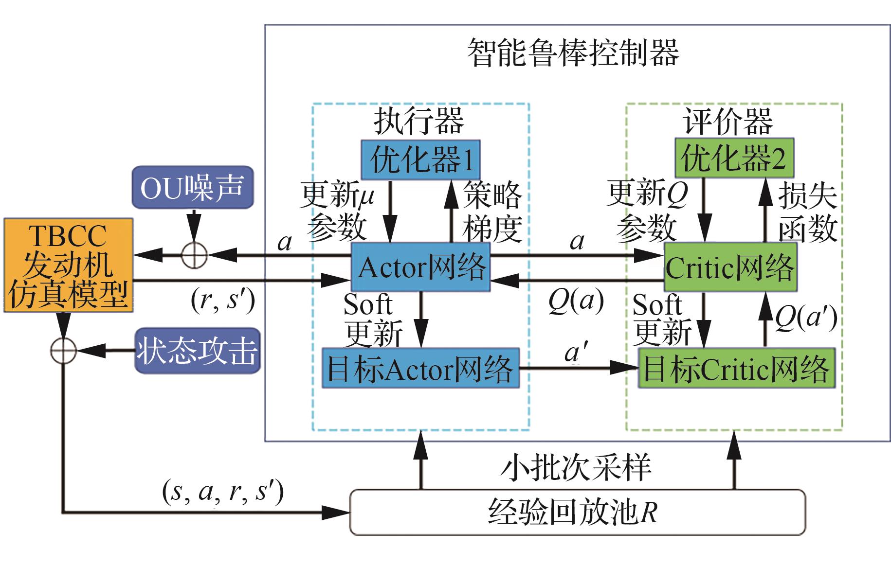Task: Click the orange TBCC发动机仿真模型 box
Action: (68, 265)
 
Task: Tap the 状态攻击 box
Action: (197, 351)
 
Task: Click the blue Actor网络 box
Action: (420, 267)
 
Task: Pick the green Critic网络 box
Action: (730, 267)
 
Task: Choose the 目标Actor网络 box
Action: (420, 368)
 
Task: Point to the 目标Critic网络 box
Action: (737, 368)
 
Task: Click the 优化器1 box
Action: (420, 159)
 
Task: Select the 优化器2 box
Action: (734, 158)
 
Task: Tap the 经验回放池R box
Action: (577, 512)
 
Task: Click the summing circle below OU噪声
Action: (194, 255)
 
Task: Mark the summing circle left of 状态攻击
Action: (64, 350)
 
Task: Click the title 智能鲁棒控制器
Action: (573, 53)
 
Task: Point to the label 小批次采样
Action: (576, 467)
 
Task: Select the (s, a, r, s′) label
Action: (223, 492)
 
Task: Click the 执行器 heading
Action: (419, 121)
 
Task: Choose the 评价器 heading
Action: (728, 121)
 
